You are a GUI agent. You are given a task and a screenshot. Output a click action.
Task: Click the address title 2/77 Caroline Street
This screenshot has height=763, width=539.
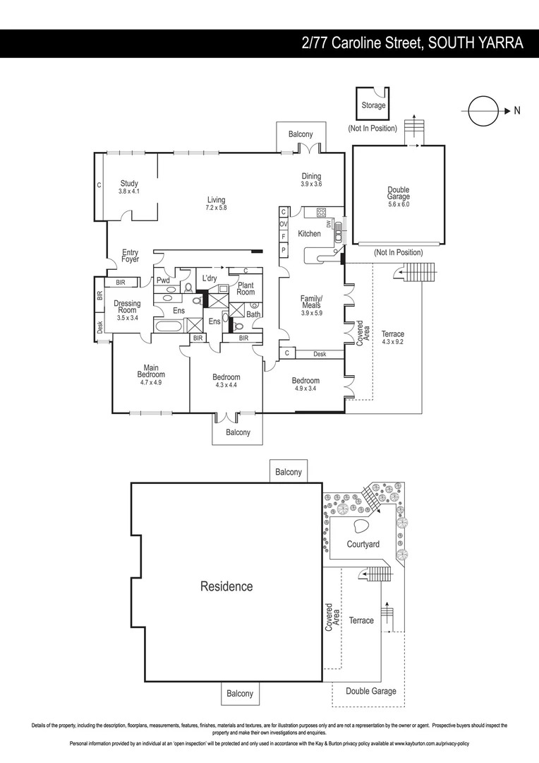412,43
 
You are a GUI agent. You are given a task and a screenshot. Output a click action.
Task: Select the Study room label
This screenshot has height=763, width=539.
128,187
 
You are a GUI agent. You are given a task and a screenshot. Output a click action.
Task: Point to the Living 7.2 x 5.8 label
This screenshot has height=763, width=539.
216,203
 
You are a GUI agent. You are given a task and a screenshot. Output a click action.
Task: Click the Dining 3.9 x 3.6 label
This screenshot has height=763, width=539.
311,180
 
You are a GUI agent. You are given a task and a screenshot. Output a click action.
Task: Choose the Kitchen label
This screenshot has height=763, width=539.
309,234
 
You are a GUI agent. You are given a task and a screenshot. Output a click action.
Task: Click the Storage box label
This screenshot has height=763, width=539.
373,105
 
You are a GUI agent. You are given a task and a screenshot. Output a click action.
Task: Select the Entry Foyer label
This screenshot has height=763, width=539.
130,256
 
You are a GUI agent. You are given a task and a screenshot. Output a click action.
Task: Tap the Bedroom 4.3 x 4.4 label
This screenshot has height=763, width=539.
226,381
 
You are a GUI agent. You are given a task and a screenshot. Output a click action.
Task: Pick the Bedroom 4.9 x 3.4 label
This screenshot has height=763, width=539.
305,384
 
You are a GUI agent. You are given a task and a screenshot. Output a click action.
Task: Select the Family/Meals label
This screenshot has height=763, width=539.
311,305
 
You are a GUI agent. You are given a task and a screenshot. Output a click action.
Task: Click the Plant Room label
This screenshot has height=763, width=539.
246,288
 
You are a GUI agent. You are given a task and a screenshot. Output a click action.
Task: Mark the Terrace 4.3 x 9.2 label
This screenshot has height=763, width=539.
392,338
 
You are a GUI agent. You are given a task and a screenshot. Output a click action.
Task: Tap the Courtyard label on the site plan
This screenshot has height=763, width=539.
363,544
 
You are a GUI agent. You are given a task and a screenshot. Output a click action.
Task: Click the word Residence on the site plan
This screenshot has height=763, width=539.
226,586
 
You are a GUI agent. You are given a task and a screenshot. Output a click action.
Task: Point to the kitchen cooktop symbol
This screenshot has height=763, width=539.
321,211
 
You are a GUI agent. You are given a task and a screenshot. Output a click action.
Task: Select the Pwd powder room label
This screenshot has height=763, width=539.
163,280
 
